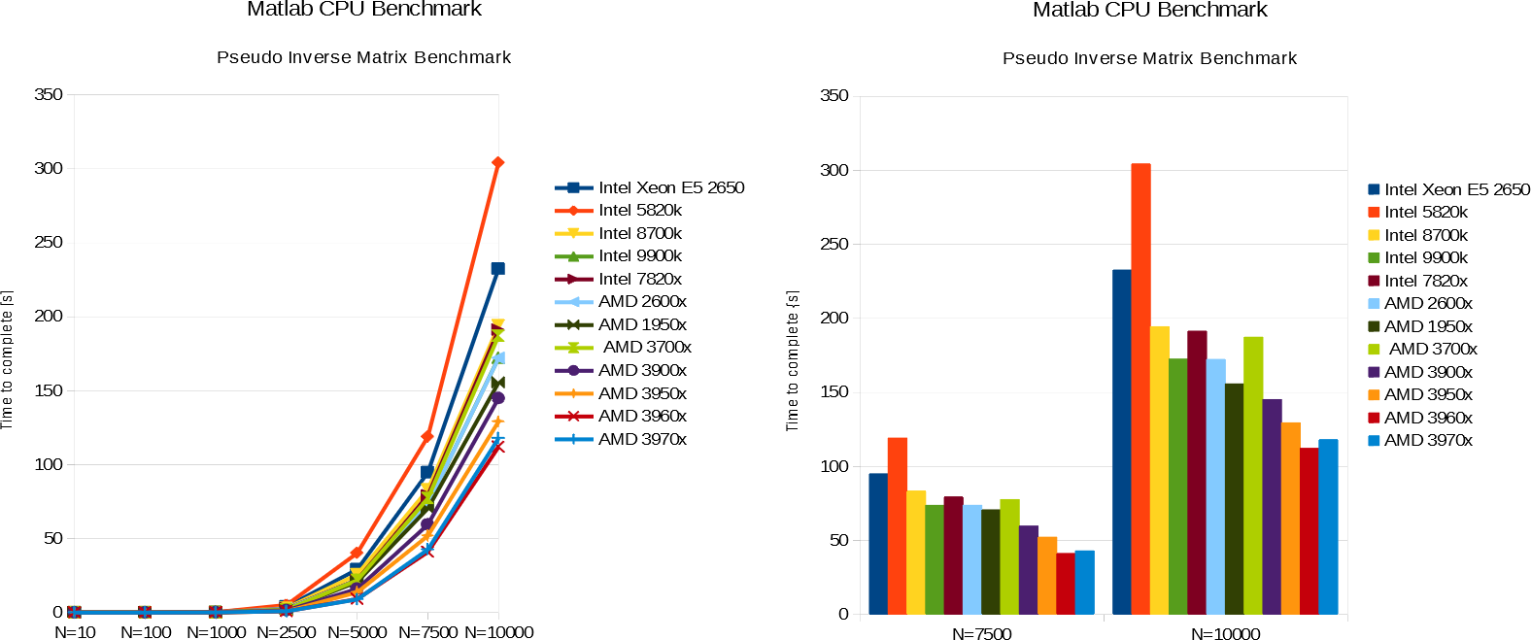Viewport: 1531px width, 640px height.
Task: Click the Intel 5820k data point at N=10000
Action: [x=497, y=163]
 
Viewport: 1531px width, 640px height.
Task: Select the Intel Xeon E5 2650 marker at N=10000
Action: [x=497, y=269]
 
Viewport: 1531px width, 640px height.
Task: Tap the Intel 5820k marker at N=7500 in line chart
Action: [x=427, y=437]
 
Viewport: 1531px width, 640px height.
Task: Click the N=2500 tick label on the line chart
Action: [x=287, y=632]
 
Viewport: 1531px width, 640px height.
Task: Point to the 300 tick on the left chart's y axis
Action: [x=49, y=168]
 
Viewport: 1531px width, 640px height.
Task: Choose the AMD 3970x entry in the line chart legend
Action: [x=642, y=439]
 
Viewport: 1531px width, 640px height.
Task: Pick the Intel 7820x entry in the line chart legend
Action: [x=639, y=279]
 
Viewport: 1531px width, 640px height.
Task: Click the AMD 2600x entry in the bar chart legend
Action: [x=1428, y=303]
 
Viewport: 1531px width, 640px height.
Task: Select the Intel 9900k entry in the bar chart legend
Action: [x=1425, y=257]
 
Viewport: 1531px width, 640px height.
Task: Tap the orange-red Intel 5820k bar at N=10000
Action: [x=1140, y=388]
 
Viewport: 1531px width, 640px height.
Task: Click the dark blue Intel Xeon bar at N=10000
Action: [x=1122, y=442]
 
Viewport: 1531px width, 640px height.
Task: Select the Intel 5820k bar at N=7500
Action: [x=898, y=525]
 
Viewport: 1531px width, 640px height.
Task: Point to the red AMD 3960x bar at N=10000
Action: [x=1310, y=531]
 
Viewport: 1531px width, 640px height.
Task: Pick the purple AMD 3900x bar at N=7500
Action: [x=1029, y=570]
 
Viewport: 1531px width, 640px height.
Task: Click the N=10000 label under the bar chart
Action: [x=1225, y=634]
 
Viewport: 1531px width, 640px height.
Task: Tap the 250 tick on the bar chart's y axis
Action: [x=834, y=244]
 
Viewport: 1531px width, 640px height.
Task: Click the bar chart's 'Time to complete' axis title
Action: [x=793, y=360]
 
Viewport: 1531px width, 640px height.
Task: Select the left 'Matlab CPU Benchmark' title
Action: [x=364, y=10]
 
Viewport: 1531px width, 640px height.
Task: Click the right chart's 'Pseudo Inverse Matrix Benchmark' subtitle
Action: [x=1149, y=58]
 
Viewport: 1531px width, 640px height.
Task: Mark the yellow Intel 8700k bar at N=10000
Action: [x=1160, y=470]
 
